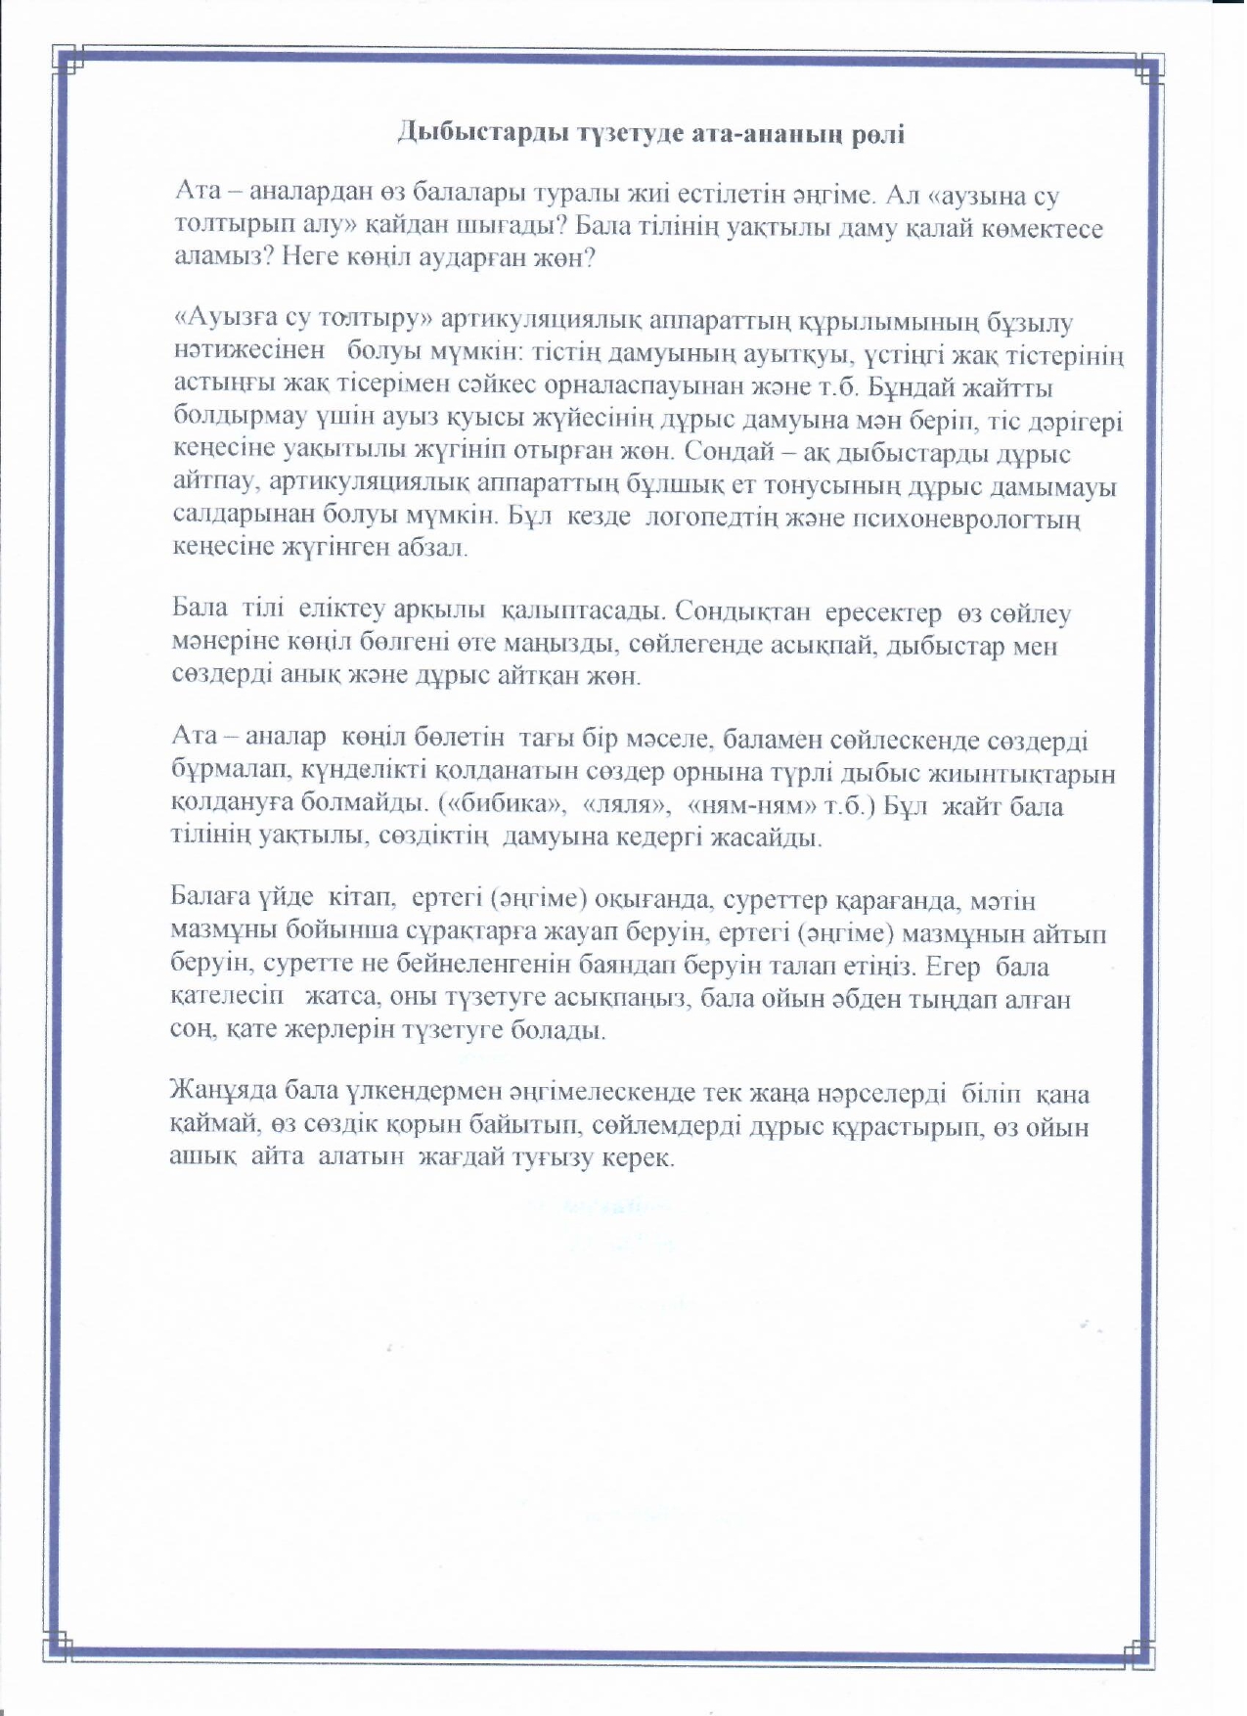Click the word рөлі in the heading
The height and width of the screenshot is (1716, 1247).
point(873,134)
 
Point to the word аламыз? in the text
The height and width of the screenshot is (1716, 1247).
point(214,260)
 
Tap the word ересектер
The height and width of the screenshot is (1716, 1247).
point(883,612)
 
